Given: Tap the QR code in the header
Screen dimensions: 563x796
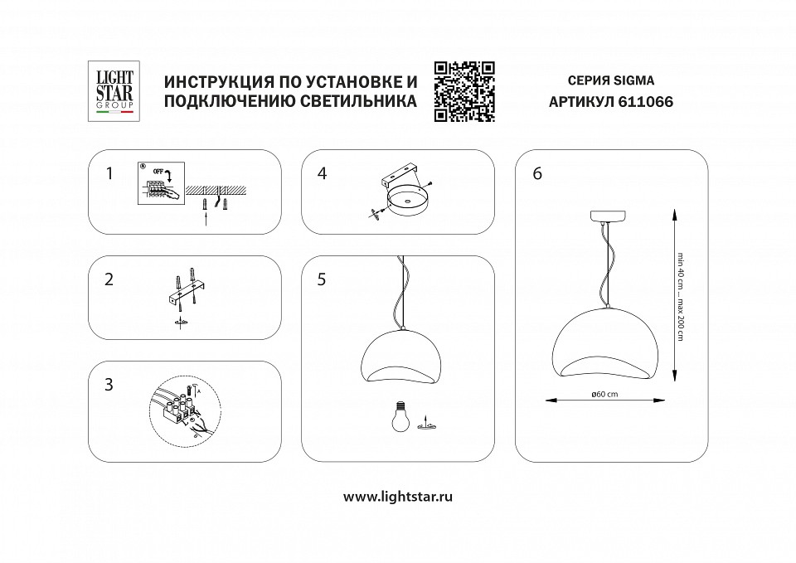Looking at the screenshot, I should [464, 92].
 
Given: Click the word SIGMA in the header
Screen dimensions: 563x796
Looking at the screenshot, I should [634, 81].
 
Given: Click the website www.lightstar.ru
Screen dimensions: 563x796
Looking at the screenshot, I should [397, 497].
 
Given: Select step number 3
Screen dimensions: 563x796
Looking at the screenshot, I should [109, 386].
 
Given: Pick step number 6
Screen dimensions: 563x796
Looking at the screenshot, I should [537, 173].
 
